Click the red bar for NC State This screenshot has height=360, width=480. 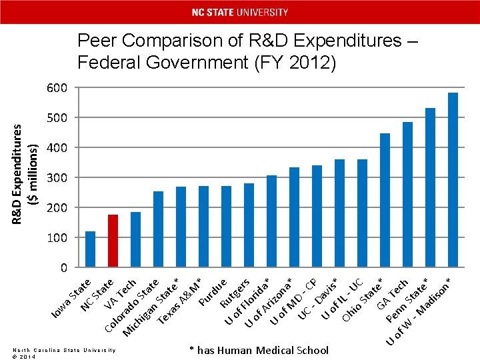click(113, 241)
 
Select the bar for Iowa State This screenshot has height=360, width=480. click(90, 249)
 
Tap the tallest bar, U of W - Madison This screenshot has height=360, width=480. click(453, 179)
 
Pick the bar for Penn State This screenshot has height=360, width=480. click(430, 187)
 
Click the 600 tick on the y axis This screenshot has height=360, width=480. click(57, 89)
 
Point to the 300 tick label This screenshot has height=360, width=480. click(57, 177)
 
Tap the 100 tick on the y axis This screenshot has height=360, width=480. click(57, 238)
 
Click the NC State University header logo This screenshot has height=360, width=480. click(240, 12)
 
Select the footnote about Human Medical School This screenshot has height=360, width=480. click(259, 350)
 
